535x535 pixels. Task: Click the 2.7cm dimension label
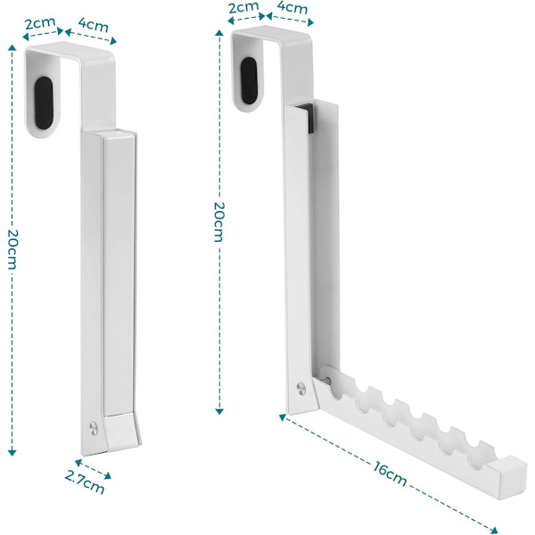(85, 482)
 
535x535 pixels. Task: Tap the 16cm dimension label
(390, 473)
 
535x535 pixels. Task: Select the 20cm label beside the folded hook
(12, 250)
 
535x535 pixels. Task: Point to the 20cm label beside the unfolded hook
(218, 222)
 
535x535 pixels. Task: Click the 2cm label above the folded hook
(40, 23)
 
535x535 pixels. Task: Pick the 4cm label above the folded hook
(94, 24)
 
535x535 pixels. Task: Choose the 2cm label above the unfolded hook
(243, 7)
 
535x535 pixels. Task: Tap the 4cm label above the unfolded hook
(292, 7)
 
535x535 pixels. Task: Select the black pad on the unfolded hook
(249, 80)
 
